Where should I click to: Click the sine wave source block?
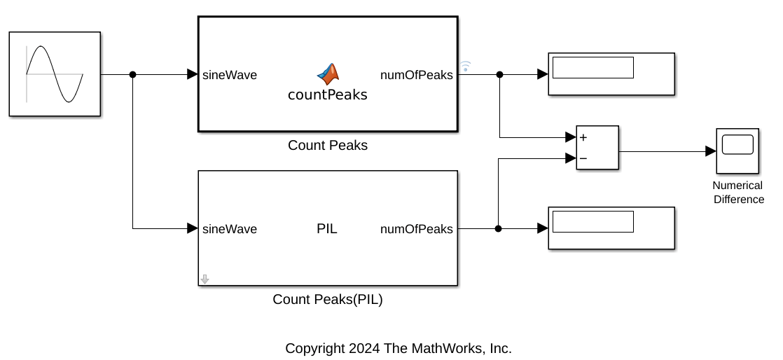(55, 74)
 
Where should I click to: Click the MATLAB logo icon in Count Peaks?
(327, 74)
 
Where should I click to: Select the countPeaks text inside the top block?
(327, 95)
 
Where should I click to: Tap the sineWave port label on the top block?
(230, 75)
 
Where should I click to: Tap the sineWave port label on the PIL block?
(230, 229)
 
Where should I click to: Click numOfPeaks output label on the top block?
(416, 75)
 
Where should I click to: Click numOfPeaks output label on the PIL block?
(416, 229)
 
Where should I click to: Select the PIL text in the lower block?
(327, 228)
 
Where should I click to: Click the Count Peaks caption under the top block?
(327, 146)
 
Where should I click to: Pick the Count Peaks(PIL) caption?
(327, 300)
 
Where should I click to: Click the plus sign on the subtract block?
(583, 138)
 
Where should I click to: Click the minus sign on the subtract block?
(583, 158)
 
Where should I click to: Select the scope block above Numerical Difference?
(737, 151)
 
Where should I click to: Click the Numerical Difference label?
(737, 193)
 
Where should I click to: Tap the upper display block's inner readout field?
(593, 68)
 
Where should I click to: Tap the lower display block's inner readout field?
(593, 222)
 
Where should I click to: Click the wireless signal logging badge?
(466, 67)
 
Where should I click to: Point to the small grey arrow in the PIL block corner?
(205, 279)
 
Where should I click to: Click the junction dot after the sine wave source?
(133, 74)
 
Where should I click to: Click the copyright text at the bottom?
(398, 348)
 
